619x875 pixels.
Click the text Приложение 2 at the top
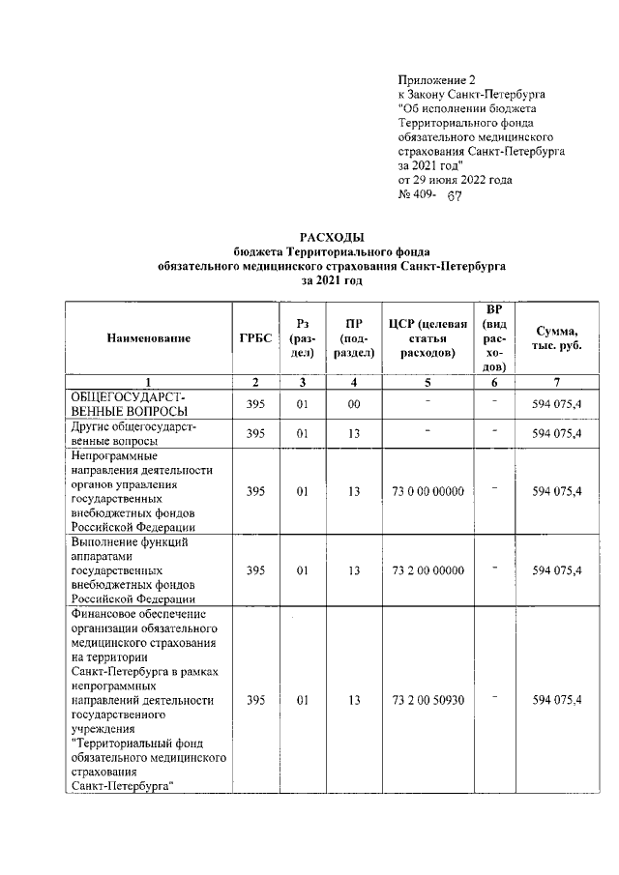(x=437, y=79)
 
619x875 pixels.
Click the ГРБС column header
(x=255, y=337)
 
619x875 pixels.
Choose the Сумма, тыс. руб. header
(x=556, y=337)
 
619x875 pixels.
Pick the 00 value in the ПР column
(x=354, y=404)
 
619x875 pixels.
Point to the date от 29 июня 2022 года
(x=455, y=180)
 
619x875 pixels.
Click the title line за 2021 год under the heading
(x=331, y=280)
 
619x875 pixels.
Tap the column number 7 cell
(x=556, y=382)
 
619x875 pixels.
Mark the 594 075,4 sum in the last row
(x=556, y=699)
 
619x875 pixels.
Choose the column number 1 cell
(x=149, y=382)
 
